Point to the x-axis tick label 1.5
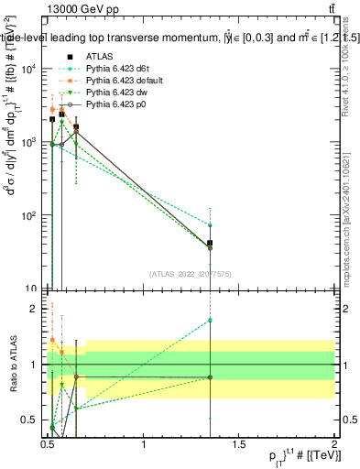240,444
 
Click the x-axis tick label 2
335,444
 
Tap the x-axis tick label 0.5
49,444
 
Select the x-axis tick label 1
144,444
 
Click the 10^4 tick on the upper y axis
28,70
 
